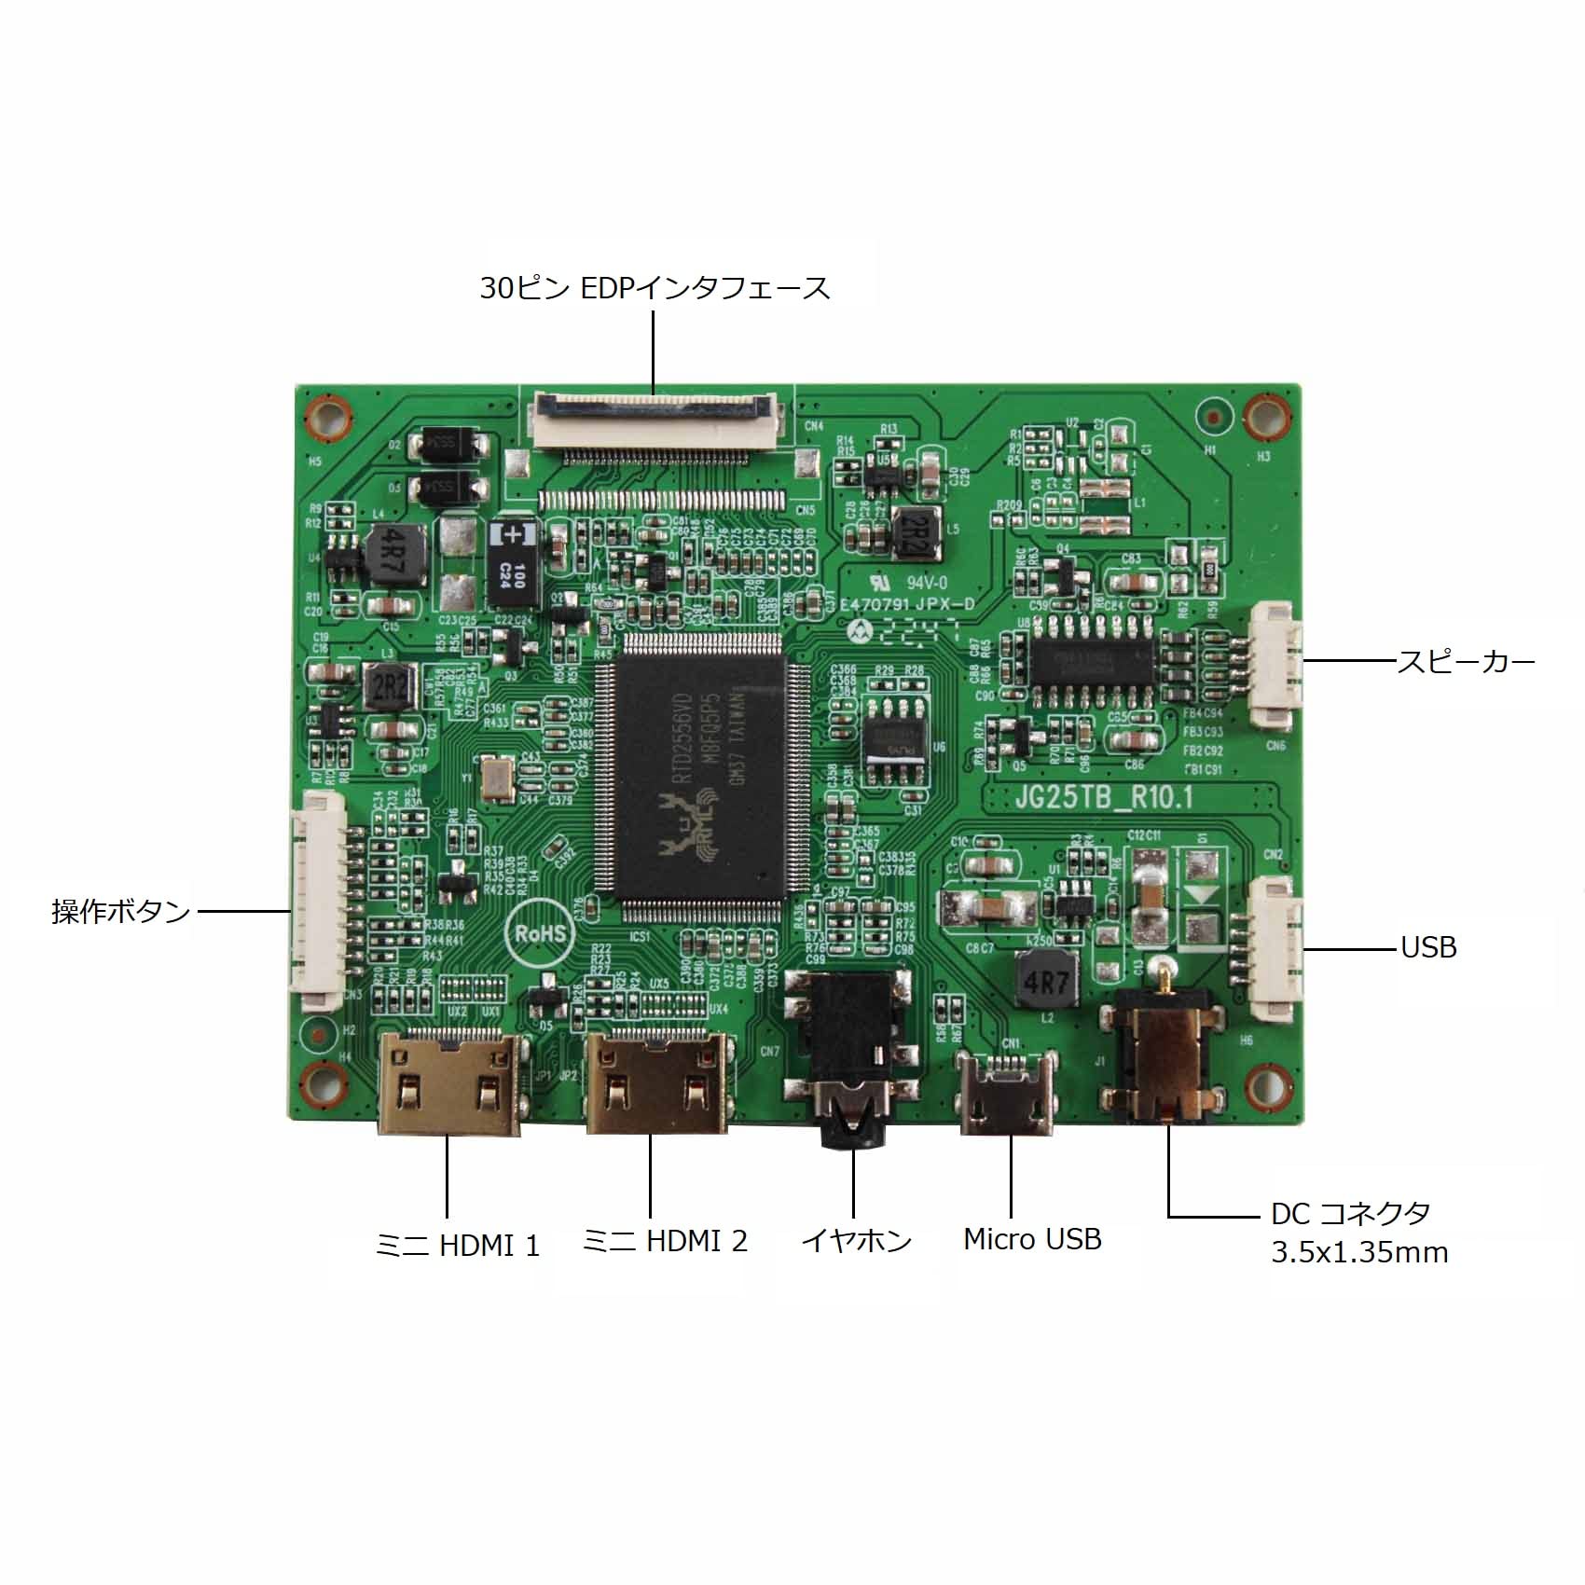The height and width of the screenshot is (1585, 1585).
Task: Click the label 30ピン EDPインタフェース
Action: tap(655, 287)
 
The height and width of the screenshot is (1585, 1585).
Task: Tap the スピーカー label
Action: tap(1465, 662)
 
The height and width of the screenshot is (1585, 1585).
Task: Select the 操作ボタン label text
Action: tap(121, 911)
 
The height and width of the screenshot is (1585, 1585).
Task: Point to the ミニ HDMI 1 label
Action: tap(457, 1246)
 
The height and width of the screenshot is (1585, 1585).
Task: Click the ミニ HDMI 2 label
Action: tap(665, 1241)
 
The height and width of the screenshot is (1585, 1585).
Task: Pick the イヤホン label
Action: tap(856, 1241)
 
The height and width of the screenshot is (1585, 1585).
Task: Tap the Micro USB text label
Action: tap(1032, 1239)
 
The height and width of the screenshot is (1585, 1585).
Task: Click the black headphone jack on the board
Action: tap(848, 1054)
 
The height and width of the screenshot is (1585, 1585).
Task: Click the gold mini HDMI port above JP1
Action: tap(448, 1082)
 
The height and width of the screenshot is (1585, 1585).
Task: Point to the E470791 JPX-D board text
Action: tap(906, 604)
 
